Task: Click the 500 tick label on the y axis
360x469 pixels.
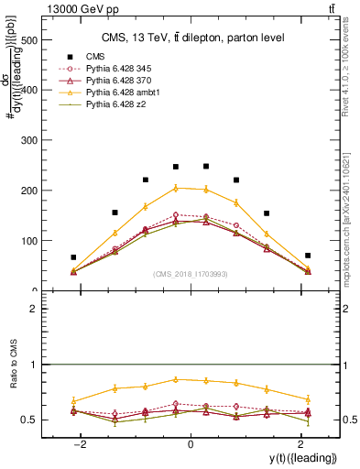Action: tap(27, 40)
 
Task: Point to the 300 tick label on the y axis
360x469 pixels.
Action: tap(27, 141)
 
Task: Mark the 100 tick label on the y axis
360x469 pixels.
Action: tap(27, 241)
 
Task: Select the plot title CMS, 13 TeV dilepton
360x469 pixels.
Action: tap(193, 37)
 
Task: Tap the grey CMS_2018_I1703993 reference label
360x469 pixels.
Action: tap(191, 275)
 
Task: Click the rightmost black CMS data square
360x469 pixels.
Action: tap(308, 256)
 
